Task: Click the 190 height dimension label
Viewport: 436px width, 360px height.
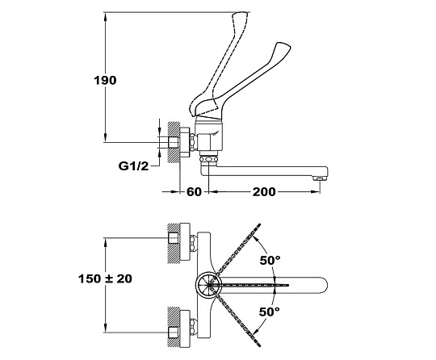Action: point(105,81)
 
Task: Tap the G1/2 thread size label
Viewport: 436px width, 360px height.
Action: point(133,166)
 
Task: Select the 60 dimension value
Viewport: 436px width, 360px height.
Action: point(194,191)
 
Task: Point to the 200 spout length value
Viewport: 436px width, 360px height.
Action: point(264,191)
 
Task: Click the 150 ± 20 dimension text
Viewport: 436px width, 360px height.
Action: point(105,278)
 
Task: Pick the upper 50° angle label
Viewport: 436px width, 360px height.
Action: point(270,260)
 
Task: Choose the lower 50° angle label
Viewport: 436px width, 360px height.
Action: point(270,312)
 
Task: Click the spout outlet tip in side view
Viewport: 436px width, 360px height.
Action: point(320,178)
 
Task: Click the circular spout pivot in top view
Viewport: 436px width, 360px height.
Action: point(209,285)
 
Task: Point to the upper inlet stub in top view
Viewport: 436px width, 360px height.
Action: point(174,238)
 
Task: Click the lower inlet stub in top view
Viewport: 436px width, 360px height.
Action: point(174,333)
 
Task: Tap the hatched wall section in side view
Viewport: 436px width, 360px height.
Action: point(174,142)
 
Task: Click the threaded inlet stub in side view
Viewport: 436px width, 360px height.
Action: point(173,142)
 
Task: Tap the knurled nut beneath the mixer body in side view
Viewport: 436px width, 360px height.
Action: point(208,159)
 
